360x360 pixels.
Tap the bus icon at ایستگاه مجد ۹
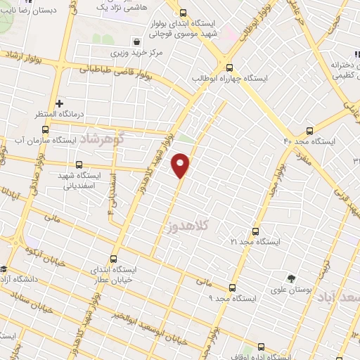click(x=233, y=287)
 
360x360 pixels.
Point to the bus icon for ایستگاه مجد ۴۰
click(x=310, y=130)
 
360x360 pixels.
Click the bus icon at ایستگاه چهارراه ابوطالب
click(x=229, y=67)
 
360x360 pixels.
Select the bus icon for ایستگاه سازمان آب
click(x=46, y=130)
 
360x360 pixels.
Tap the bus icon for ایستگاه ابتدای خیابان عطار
click(x=115, y=258)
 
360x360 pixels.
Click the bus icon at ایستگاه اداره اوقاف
click(x=262, y=346)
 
